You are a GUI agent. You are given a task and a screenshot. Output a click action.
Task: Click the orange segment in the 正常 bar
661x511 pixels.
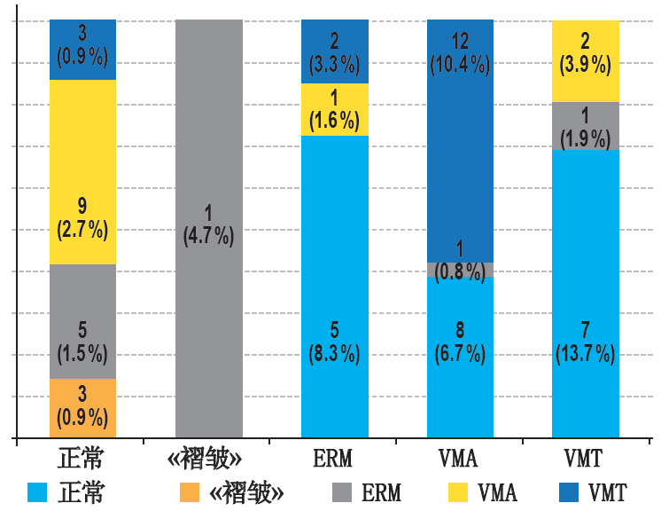point(82,408)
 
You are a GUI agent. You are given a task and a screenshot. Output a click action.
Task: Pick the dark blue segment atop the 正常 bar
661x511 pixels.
point(82,50)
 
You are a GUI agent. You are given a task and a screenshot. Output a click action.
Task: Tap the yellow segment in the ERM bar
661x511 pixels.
point(334,109)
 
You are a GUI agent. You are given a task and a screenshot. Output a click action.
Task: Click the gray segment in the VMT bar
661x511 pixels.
point(586,126)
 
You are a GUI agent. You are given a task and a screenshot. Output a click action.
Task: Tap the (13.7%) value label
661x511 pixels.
point(586,354)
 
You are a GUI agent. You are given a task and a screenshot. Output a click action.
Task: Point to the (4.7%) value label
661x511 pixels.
point(209,237)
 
